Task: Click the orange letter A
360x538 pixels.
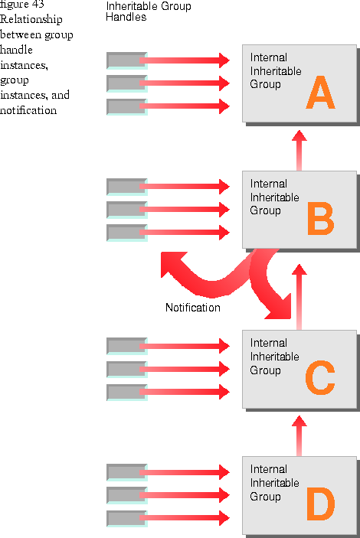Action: click(320, 93)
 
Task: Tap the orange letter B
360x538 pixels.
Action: click(320, 219)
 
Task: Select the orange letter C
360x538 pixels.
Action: click(320, 377)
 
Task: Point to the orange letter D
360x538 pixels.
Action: click(320, 504)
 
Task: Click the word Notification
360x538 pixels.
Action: click(193, 308)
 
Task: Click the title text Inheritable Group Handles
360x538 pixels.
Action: click(149, 11)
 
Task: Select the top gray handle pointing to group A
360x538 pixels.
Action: click(126, 60)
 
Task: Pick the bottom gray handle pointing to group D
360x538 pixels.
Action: click(126, 518)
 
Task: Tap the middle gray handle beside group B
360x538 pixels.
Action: click(126, 210)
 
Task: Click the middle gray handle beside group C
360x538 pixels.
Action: click(126, 369)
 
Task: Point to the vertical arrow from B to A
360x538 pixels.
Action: click(299, 150)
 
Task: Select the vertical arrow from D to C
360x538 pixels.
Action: click(299, 435)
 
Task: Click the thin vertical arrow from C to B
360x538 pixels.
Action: click(299, 297)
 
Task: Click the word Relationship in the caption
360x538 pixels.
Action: click(31, 19)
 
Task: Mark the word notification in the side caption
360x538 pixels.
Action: click(28, 110)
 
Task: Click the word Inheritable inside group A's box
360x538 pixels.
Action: click(276, 71)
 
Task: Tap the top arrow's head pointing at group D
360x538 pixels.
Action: click(224, 472)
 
